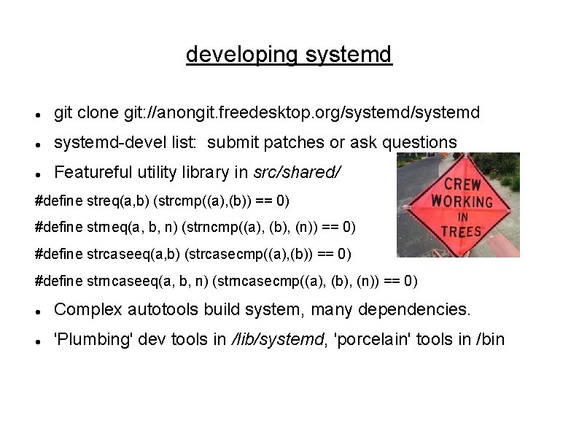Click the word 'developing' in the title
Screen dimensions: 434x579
[x=241, y=55]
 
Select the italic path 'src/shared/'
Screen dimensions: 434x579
[x=297, y=172]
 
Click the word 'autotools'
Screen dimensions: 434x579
[x=166, y=309]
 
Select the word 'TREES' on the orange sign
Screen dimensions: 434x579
[x=462, y=231]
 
